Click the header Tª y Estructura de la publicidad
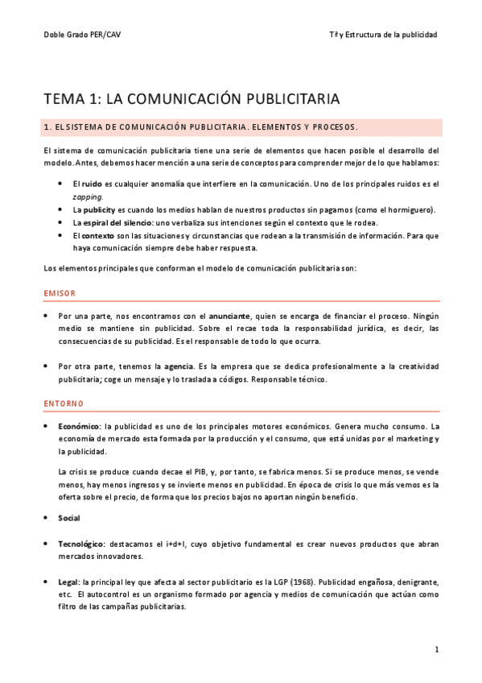click(x=384, y=35)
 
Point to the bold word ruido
click(x=93, y=184)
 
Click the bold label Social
click(x=69, y=518)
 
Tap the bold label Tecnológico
click(x=82, y=544)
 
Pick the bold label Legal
click(x=70, y=581)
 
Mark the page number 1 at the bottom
click(x=436, y=649)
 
